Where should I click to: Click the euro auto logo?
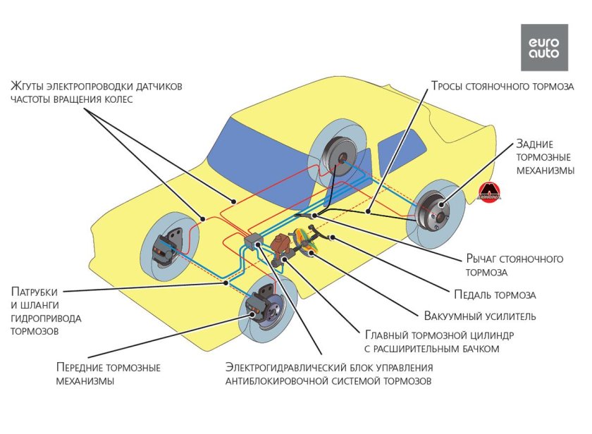[x=543, y=47]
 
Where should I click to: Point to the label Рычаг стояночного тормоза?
[x=514, y=265]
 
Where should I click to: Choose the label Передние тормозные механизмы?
[x=107, y=374]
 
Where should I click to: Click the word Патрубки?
[x=34, y=291]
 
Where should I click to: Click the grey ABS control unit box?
[x=252, y=242]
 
